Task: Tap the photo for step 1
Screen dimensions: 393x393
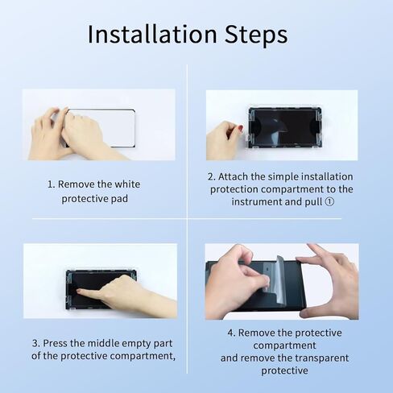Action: tap(98, 125)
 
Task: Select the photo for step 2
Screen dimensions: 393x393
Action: tap(281, 125)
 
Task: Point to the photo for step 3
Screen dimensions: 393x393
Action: tap(100, 281)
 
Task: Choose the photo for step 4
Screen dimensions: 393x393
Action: tap(281, 281)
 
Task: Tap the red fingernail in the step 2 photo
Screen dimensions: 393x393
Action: tap(239, 128)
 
